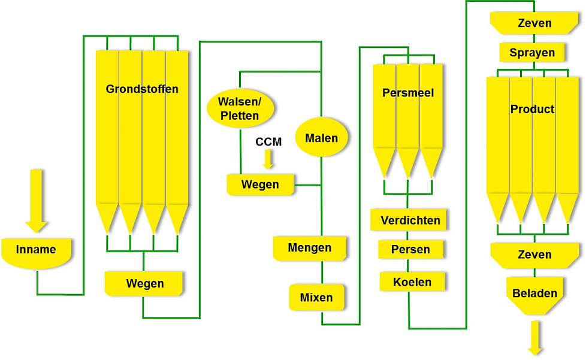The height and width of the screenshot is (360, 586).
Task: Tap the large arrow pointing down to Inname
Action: pos(37,201)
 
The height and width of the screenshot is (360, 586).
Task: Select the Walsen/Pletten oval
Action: pos(240,108)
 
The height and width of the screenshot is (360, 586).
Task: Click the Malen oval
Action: pos(321,137)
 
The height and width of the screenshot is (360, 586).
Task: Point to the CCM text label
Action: pos(268,142)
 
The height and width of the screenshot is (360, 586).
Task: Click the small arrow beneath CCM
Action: pos(268,159)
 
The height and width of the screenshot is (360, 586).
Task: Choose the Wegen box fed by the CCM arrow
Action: pos(260,184)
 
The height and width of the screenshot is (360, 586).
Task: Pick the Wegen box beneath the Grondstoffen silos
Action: pos(144,283)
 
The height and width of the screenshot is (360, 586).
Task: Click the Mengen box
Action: pos(309,248)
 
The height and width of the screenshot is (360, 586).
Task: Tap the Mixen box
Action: pos(316,297)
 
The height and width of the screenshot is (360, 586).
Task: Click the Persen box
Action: pos(410,249)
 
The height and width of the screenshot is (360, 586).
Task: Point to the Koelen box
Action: pos(412,282)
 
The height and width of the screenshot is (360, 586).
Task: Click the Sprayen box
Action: pos(532,52)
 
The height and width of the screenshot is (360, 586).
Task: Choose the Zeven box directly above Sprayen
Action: pos(534,23)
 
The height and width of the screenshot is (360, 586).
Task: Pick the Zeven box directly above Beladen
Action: pos(534,255)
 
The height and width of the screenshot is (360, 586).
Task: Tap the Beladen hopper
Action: pos(534,295)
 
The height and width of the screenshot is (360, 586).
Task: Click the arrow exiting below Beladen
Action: pos(535,338)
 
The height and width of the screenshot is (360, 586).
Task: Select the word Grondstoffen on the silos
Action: pos(142,89)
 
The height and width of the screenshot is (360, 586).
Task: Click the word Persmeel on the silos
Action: pos(408,93)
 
